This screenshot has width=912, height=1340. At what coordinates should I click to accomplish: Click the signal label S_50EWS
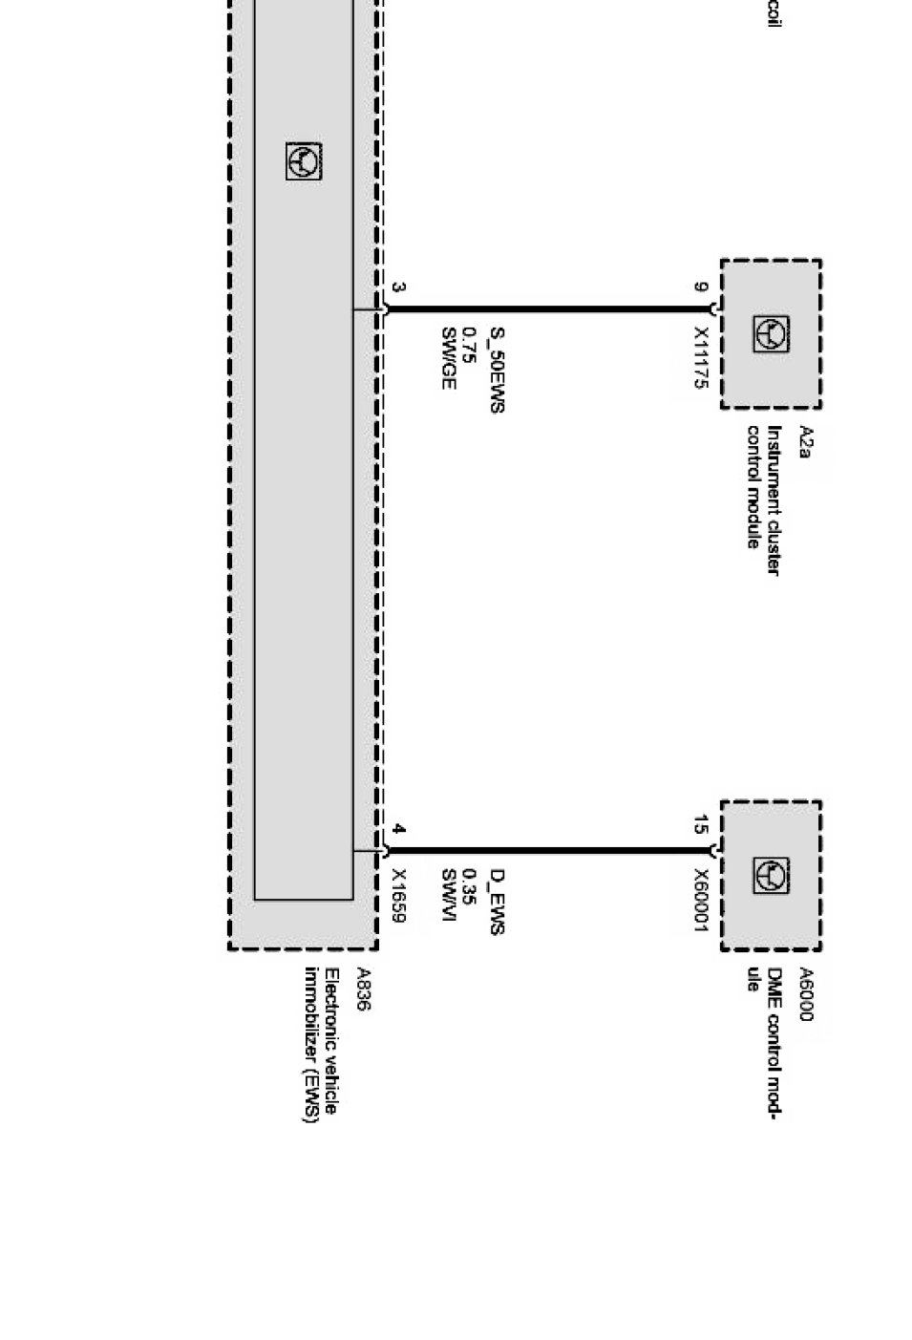[x=496, y=370]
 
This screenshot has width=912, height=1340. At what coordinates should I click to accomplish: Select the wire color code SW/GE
[x=448, y=358]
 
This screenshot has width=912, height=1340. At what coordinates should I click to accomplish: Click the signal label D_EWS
[x=496, y=902]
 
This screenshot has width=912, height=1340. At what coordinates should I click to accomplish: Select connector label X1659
[x=399, y=896]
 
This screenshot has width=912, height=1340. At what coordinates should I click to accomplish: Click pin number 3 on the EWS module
[x=398, y=287]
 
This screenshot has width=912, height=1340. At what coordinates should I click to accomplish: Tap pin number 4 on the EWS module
[x=398, y=829]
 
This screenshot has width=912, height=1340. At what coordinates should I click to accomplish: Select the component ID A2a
[x=804, y=441]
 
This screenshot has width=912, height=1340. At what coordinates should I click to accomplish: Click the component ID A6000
[x=804, y=995]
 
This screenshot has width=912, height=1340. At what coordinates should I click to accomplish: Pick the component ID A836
[x=362, y=989]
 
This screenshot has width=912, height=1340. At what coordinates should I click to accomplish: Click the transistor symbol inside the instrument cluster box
[x=771, y=333]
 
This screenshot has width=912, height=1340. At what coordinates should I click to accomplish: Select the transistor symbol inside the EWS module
[x=304, y=161]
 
